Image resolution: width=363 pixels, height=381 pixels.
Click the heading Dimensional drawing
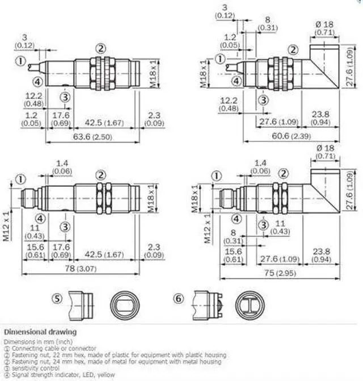tap(40, 331)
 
